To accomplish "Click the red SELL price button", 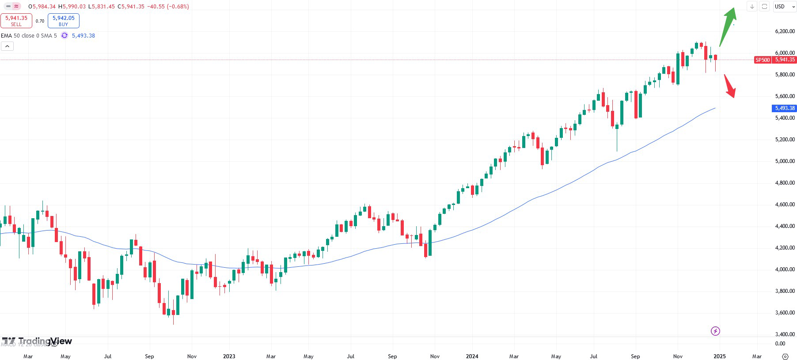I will click(x=16, y=21).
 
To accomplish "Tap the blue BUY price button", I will click(x=63, y=21).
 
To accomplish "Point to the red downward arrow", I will click(x=730, y=87).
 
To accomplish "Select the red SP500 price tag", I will click(x=763, y=60).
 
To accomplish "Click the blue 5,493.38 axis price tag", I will click(x=785, y=108).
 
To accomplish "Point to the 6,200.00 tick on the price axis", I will click(x=785, y=31).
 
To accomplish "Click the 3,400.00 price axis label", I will click(x=785, y=334).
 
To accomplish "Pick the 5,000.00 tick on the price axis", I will click(x=785, y=161).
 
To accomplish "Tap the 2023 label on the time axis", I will click(x=229, y=356).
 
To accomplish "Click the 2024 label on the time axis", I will click(x=472, y=356).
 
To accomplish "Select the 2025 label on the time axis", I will click(x=719, y=356).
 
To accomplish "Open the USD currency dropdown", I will click(x=785, y=7).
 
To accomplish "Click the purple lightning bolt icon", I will click(x=715, y=331).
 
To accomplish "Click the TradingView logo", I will click(x=37, y=341).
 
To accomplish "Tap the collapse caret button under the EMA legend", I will click(x=8, y=46).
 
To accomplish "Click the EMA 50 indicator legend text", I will click(x=29, y=36).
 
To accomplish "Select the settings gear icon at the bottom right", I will click(x=785, y=356).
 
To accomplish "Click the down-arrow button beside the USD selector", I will click(x=752, y=7).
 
